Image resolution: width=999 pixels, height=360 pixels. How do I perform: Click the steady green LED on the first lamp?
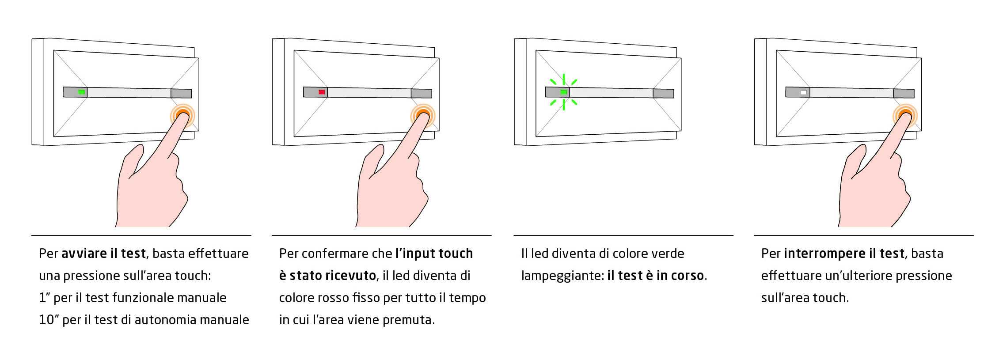click(x=81, y=92)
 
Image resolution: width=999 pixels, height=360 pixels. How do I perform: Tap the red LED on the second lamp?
click(x=322, y=92)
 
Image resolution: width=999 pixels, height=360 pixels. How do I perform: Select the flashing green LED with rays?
click(x=563, y=92)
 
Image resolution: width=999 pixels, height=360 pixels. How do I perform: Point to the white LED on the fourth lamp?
click(x=804, y=92)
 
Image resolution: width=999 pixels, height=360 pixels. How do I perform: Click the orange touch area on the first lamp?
click(x=182, y=116)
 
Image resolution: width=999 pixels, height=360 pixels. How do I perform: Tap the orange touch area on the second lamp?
click(x=423, y=116)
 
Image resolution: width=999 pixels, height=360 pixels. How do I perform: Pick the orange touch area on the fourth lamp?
click(x=905, y=116)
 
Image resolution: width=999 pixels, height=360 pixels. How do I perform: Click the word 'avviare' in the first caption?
click(x=84, y=254)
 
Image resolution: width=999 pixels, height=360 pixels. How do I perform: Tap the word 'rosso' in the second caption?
click(x=334, y=298)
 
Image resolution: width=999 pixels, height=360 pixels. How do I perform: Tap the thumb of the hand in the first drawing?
click(x=133, y=161)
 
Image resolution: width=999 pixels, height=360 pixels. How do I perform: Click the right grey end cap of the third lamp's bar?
click(x=663, y=93)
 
